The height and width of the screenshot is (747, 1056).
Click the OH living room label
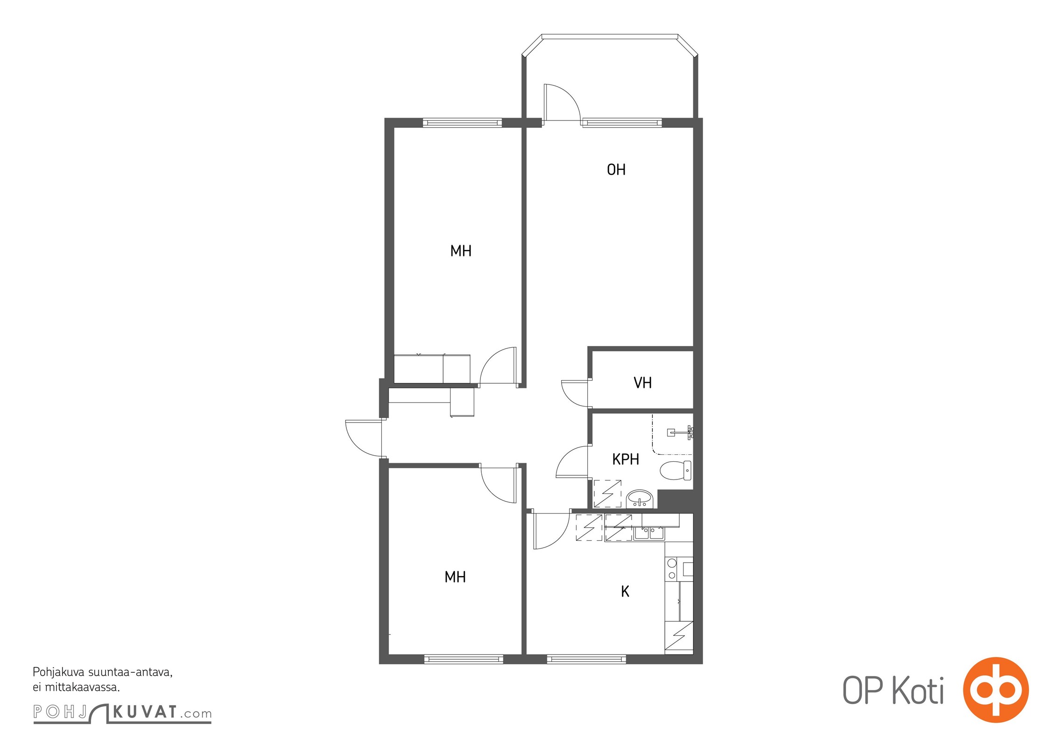[616, 169]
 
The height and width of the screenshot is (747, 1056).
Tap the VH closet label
[642, 383]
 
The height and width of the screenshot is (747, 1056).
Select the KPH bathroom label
[626, 459]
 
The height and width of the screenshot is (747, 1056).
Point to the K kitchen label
[625, 592]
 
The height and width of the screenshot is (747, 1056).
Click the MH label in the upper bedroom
[461, 251]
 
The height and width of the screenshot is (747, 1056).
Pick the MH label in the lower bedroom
[455, 577]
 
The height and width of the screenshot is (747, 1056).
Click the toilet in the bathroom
[676, 470]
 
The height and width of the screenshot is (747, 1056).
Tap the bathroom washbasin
[640, 499]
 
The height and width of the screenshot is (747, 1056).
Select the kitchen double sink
[649, 533]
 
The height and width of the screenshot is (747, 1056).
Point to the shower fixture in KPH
[681, 432]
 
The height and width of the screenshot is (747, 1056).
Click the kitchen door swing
[551, 531]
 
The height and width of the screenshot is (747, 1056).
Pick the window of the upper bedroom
[462, 123]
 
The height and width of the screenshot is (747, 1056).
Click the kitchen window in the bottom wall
[586, 659]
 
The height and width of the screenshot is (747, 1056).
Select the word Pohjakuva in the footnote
[58, 673]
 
